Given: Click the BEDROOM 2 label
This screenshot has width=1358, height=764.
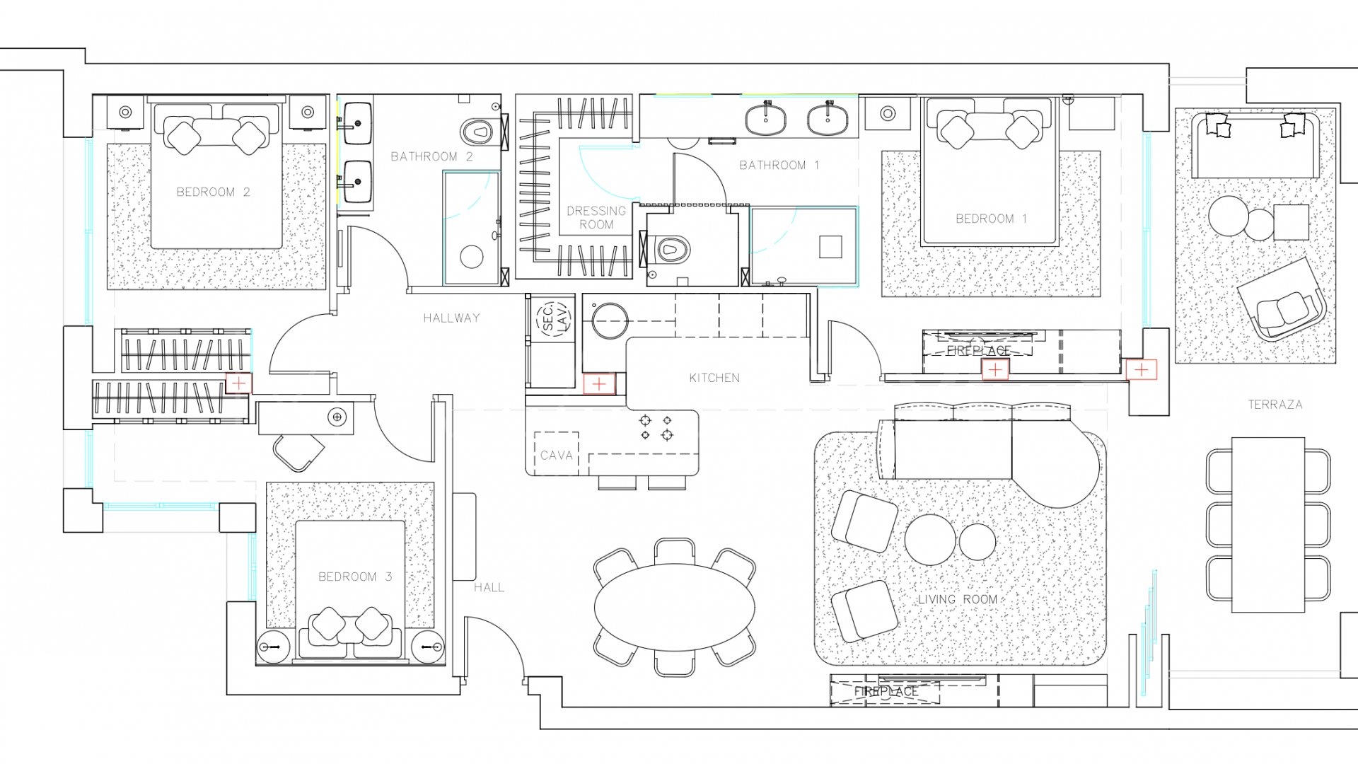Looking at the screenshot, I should click(x=213, y=192).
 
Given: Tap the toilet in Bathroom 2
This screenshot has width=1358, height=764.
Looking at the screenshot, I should click(x=478, y=132).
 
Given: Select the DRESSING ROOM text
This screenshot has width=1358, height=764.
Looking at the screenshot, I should click(x=596, y=217).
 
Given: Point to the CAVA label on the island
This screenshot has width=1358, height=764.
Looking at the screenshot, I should click(x=556, y=456).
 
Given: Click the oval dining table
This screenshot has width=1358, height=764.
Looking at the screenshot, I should click(x=674, y=607).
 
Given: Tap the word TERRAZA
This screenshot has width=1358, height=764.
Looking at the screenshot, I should click(x=1275, y=405).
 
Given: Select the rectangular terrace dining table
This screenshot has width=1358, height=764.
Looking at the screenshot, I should click(x=1267, y=524).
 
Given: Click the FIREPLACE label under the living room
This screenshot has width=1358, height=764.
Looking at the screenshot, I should click(x=886, y=691).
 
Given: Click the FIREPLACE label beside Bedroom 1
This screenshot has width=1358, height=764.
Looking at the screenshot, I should click(x=978, y=351).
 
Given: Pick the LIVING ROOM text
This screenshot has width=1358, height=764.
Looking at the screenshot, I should click(x=957, y=599).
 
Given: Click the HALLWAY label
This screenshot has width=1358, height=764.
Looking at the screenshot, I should click(x=451, y=318).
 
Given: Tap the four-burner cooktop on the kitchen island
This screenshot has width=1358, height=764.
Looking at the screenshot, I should click(x=656, y=427).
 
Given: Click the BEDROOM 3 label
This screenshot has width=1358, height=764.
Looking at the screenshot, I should click(x=355, y=577).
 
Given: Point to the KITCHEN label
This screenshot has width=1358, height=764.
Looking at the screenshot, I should click(x=714, y=378).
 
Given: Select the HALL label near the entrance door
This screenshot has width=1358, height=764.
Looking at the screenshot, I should click(x=489, y=587).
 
